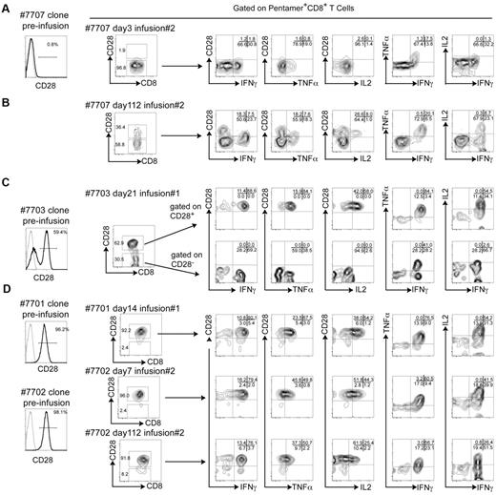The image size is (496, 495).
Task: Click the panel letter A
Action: pos(7,9)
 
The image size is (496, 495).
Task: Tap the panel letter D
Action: pos(7,303)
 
